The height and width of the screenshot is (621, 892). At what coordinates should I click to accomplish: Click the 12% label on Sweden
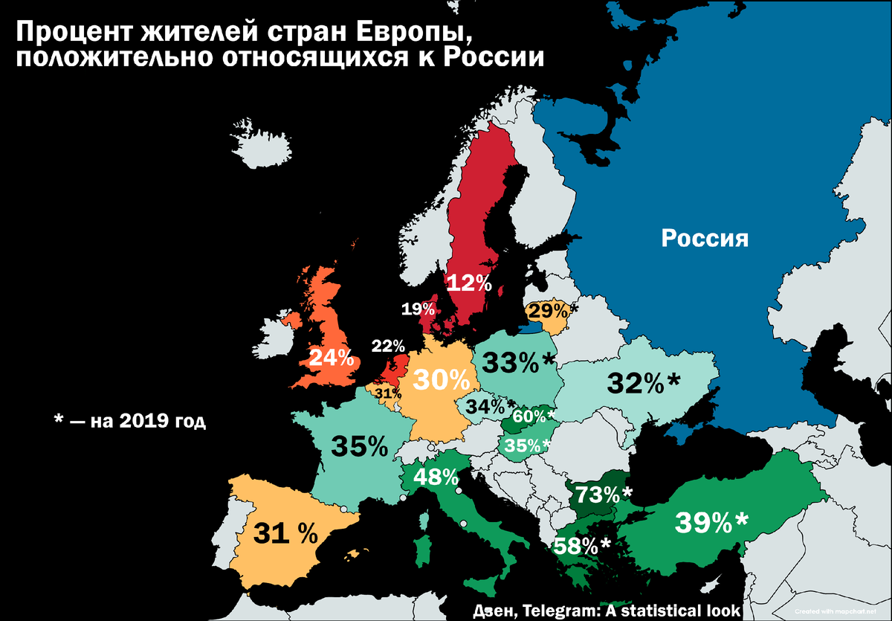[x=468, y=283]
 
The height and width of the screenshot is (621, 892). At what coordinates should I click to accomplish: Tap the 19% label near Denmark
[x=418, y=309]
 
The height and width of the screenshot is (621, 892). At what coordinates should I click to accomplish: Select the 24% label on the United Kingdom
[x=331, y=358]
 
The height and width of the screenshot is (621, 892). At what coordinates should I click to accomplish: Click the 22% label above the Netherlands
[x=388, y=346]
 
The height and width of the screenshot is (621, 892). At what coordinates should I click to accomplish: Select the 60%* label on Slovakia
[x=534, y=416]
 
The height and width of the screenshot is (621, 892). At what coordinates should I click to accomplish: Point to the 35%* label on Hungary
[x=527, y=445]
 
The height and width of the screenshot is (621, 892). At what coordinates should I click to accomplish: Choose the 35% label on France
[x=360, y=446]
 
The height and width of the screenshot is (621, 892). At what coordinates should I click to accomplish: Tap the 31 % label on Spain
[x=285, y=532]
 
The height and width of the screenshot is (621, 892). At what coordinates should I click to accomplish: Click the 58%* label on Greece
[x=581, y=546]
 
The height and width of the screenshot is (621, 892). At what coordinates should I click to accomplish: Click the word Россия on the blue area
[x=705, y=239]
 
